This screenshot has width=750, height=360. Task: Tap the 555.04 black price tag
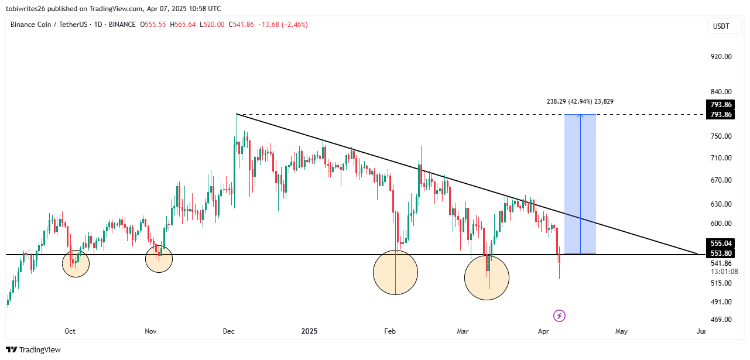tap(721, 243)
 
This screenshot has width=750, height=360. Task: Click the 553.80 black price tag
tap(721, 253)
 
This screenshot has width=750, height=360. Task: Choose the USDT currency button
tap(720, 26)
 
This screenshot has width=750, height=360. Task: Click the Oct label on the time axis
tap(70, 331)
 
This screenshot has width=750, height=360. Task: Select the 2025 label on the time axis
tap(309, 331)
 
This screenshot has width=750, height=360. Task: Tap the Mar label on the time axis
tap(463, 331)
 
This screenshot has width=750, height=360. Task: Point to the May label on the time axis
tap(621, 331)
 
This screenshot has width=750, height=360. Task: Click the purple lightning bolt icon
tap(559, 316)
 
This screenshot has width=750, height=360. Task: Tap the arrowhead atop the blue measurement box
tap(580, 115)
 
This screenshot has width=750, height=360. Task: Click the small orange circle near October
tap(76, 263)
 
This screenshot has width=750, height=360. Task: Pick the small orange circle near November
tap(159, 259)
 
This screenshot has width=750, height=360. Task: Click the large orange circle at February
tap(396, 272)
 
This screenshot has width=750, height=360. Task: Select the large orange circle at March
tap(487, 277)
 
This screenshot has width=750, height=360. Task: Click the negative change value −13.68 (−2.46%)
tap(285, 25)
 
